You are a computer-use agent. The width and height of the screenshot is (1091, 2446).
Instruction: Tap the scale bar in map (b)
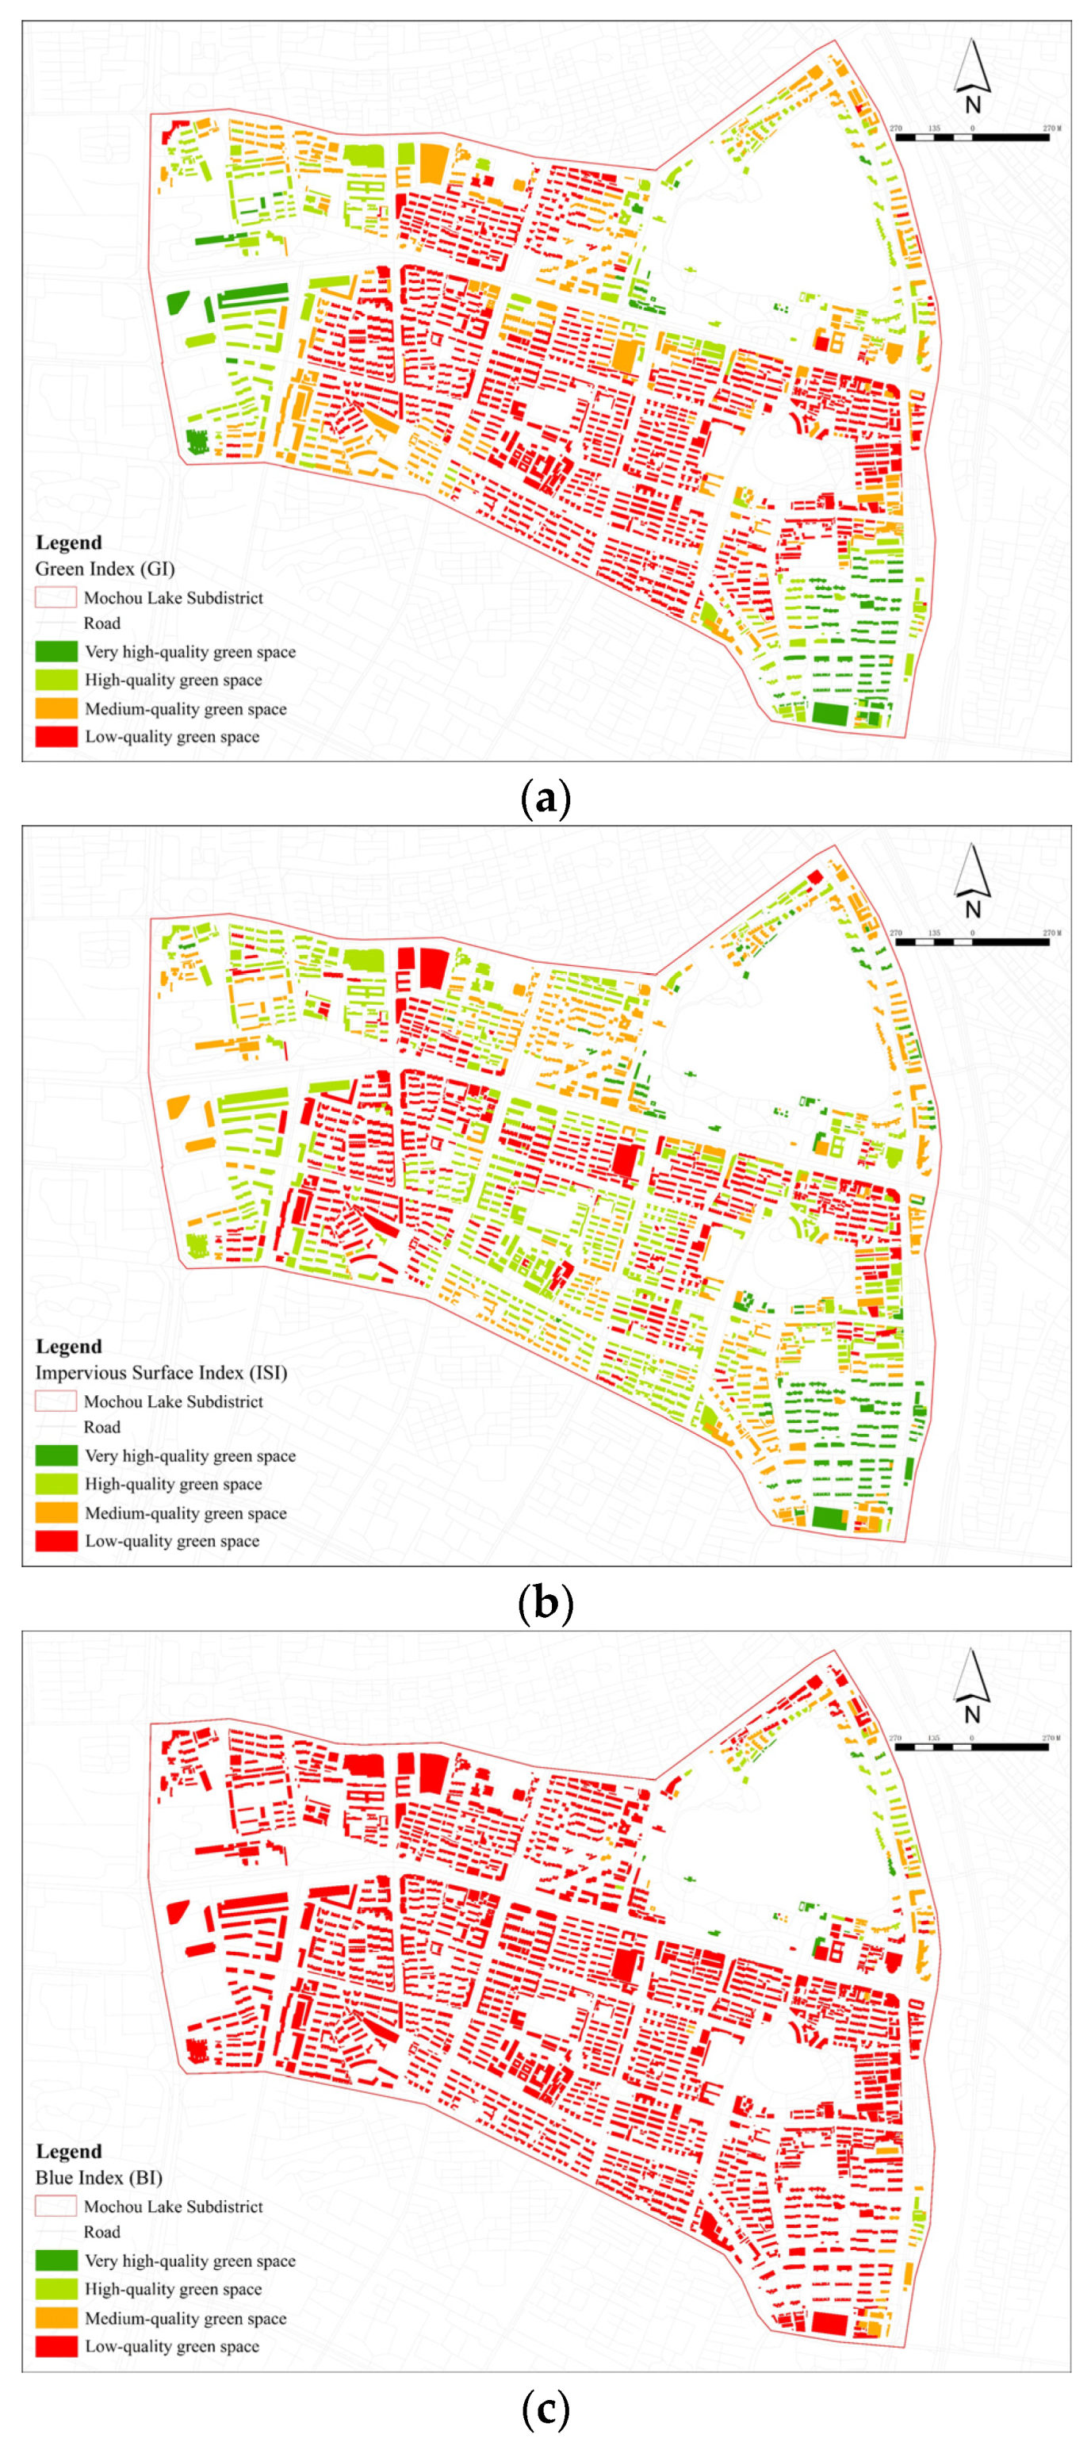point(971,942)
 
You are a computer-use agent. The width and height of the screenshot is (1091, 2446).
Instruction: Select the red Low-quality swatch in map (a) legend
point(56,736)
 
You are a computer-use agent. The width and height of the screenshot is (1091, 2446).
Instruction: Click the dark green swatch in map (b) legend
point(56,1455)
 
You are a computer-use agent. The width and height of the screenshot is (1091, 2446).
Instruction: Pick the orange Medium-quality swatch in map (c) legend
point(56,2318)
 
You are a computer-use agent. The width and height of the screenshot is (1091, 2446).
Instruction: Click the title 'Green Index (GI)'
point(105,569)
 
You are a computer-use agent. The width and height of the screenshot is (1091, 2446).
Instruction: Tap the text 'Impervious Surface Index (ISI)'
point(160,1372)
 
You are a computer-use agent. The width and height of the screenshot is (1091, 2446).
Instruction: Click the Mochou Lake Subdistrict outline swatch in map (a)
point(56,597)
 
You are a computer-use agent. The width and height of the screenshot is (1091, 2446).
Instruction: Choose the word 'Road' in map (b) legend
point(101,1427)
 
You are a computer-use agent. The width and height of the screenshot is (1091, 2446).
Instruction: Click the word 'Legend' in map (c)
point(68,2151)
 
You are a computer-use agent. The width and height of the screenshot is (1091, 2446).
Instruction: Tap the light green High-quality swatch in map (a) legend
point(56,680)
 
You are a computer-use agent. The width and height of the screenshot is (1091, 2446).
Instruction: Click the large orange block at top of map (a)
point(432,163)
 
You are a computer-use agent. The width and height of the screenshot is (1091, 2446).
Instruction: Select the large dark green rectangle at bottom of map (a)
point(829,714)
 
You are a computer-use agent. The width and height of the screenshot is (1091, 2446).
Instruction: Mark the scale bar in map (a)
point(971,138)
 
